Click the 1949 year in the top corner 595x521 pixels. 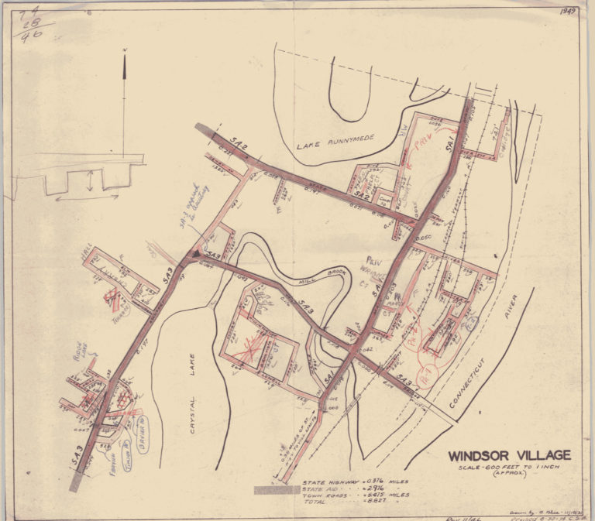568,12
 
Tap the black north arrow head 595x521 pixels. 125,67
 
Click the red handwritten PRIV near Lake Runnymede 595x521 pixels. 420,146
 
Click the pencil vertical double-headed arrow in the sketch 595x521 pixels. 92,183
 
